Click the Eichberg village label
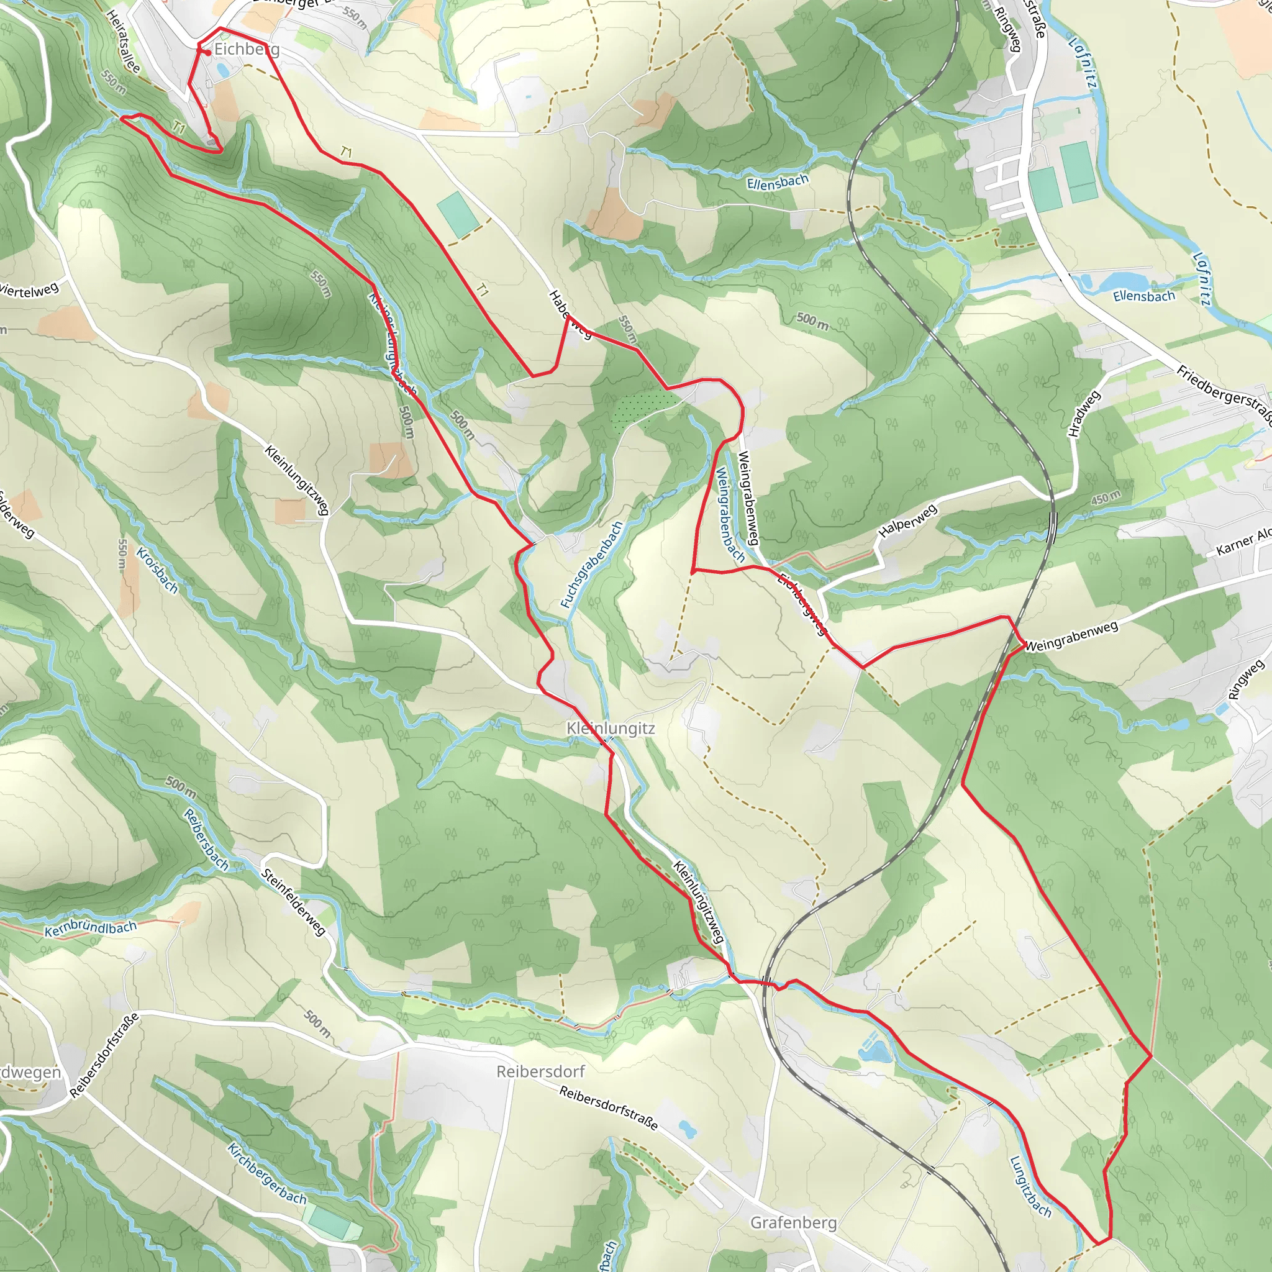[247, 50]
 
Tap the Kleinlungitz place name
[611, 729]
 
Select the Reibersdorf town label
[540, 1072]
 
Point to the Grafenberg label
[793, 1222]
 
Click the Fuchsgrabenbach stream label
[591, 565]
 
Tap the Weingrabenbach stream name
[730, 515]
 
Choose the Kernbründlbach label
[91, 929]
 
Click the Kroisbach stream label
[157, 570]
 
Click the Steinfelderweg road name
[294, 902]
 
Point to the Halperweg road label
[908, 520]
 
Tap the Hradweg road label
[1084, 414]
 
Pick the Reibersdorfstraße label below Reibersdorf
[608, 1108]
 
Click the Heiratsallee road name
[122, 41]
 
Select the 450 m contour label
[1106, 497]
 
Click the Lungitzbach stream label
[1030, 1186]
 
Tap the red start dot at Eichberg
[208, 53]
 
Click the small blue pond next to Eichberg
[222, 68]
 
